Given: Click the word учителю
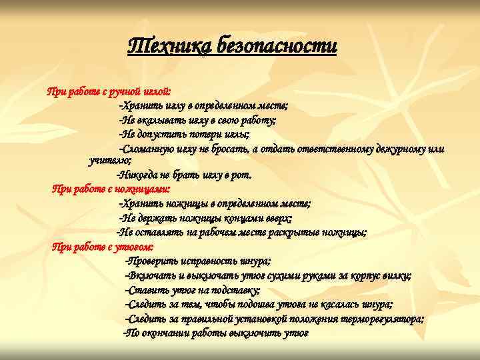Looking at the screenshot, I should pyautogui.click(x=109, y=161).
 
